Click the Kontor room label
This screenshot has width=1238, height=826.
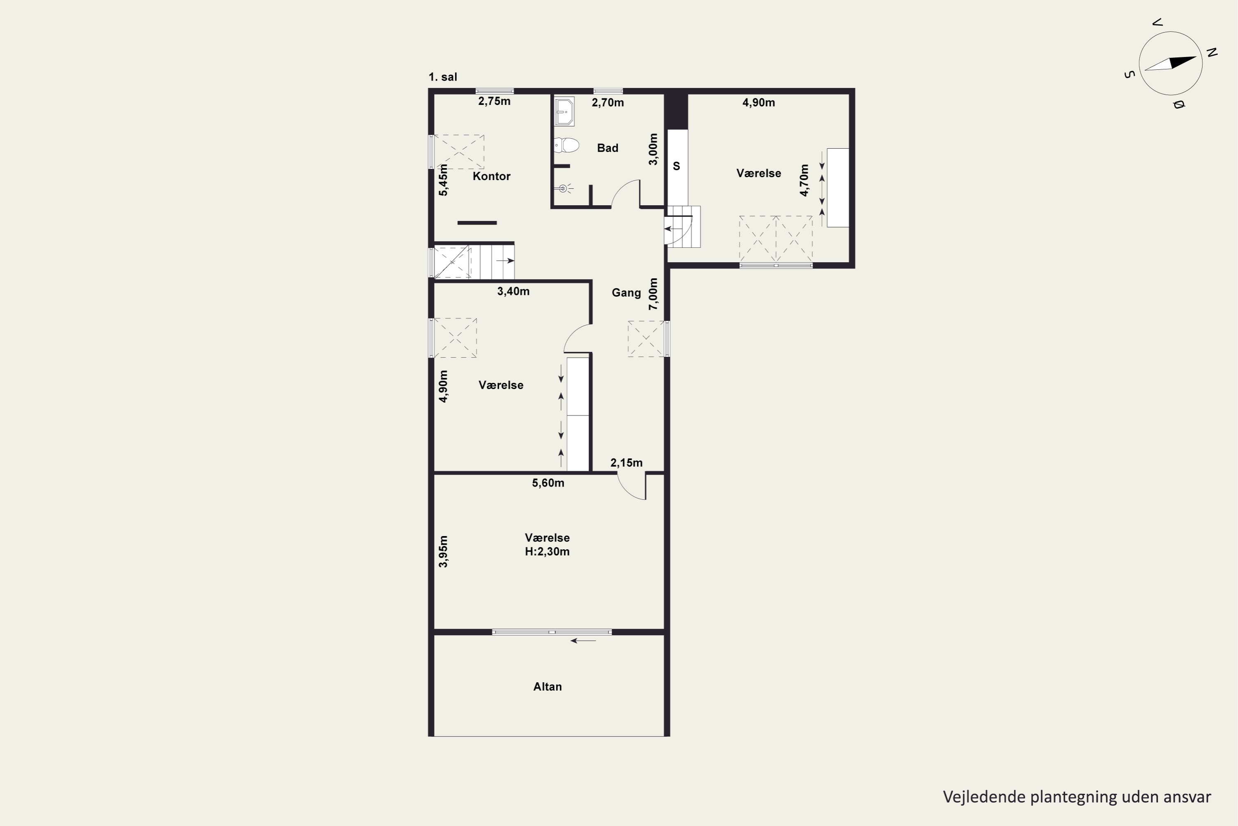tap(491, 176)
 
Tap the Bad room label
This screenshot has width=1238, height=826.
tap(607, 148)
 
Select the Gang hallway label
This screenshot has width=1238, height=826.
tap(626, 293)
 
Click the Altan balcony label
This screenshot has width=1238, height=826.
tap(548, 686)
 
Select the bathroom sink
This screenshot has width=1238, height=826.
tap(564, 111)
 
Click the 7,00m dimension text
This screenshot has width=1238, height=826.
tap(653, 294)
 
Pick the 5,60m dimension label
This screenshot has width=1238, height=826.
tap(548, 483)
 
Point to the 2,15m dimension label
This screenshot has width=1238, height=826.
tap(626, 463)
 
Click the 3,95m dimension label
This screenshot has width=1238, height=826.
tap(443, 551)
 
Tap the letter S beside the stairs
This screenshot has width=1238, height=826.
tap(676, 166)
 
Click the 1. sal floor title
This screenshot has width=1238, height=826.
tap(443, 77)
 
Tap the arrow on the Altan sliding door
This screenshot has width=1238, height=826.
tap(583, 641)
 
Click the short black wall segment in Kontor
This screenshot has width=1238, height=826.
tap(477, 223)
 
